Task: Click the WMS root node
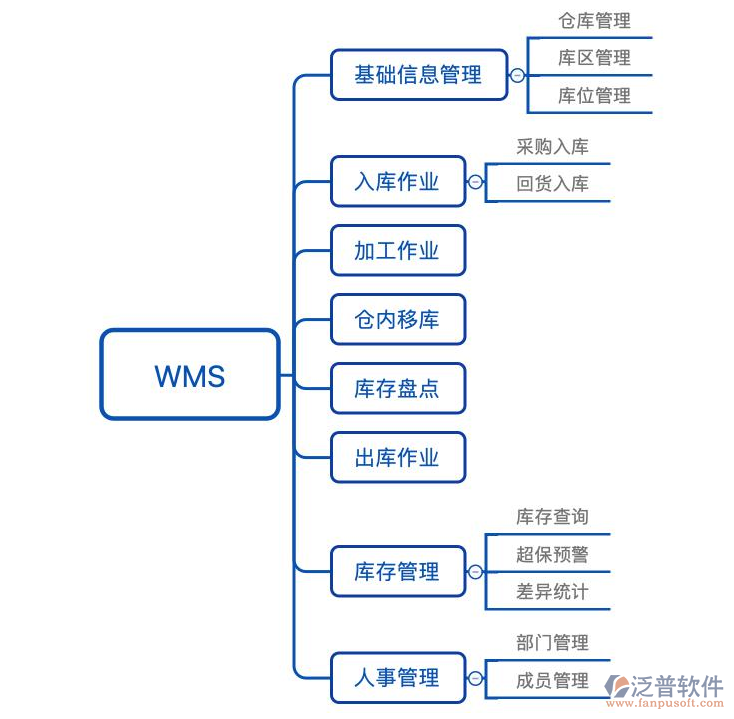click(x=190, y=375)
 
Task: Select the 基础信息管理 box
click(x=418, y=75)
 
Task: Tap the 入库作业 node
click(x=397, y=181)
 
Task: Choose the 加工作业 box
click(x=397, y=250)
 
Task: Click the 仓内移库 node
click(x=397, y=319)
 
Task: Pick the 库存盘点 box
click(x=397, y=388)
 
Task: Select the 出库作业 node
click(x=397, y=457)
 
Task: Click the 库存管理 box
click(x=397, y=571)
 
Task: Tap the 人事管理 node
click(x=397, y=677)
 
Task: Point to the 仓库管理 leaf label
click(x=594, y=20)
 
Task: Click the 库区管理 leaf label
click(x=594, y=58)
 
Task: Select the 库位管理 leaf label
click(x=594, y=96)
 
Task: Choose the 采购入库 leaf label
click(x=552, y=146)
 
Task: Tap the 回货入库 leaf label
click(x=552, y=184)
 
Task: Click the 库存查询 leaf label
click(x=552, y=517)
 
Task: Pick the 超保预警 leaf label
click(x=552, y=554)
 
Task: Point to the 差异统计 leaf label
click(x=552, y=592)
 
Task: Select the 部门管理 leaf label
click(x=552, y=642)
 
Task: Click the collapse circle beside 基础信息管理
click(x=517, y=75)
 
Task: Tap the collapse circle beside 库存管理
click(x=475, y=572)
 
